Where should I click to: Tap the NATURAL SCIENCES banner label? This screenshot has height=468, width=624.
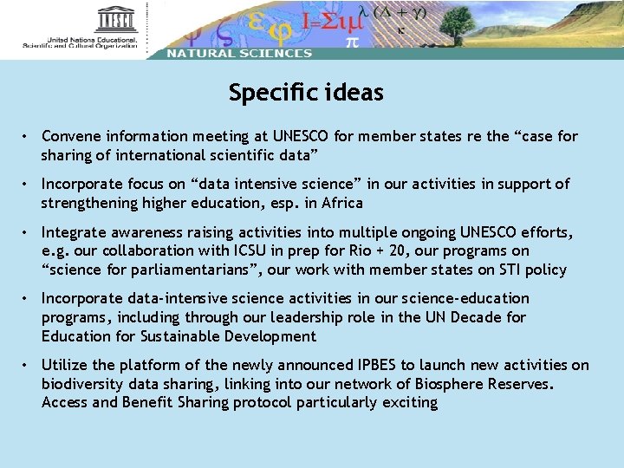[238, 53]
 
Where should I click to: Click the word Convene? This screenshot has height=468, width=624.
[70, 137]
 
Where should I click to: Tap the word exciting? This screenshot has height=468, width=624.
[410, 403]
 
